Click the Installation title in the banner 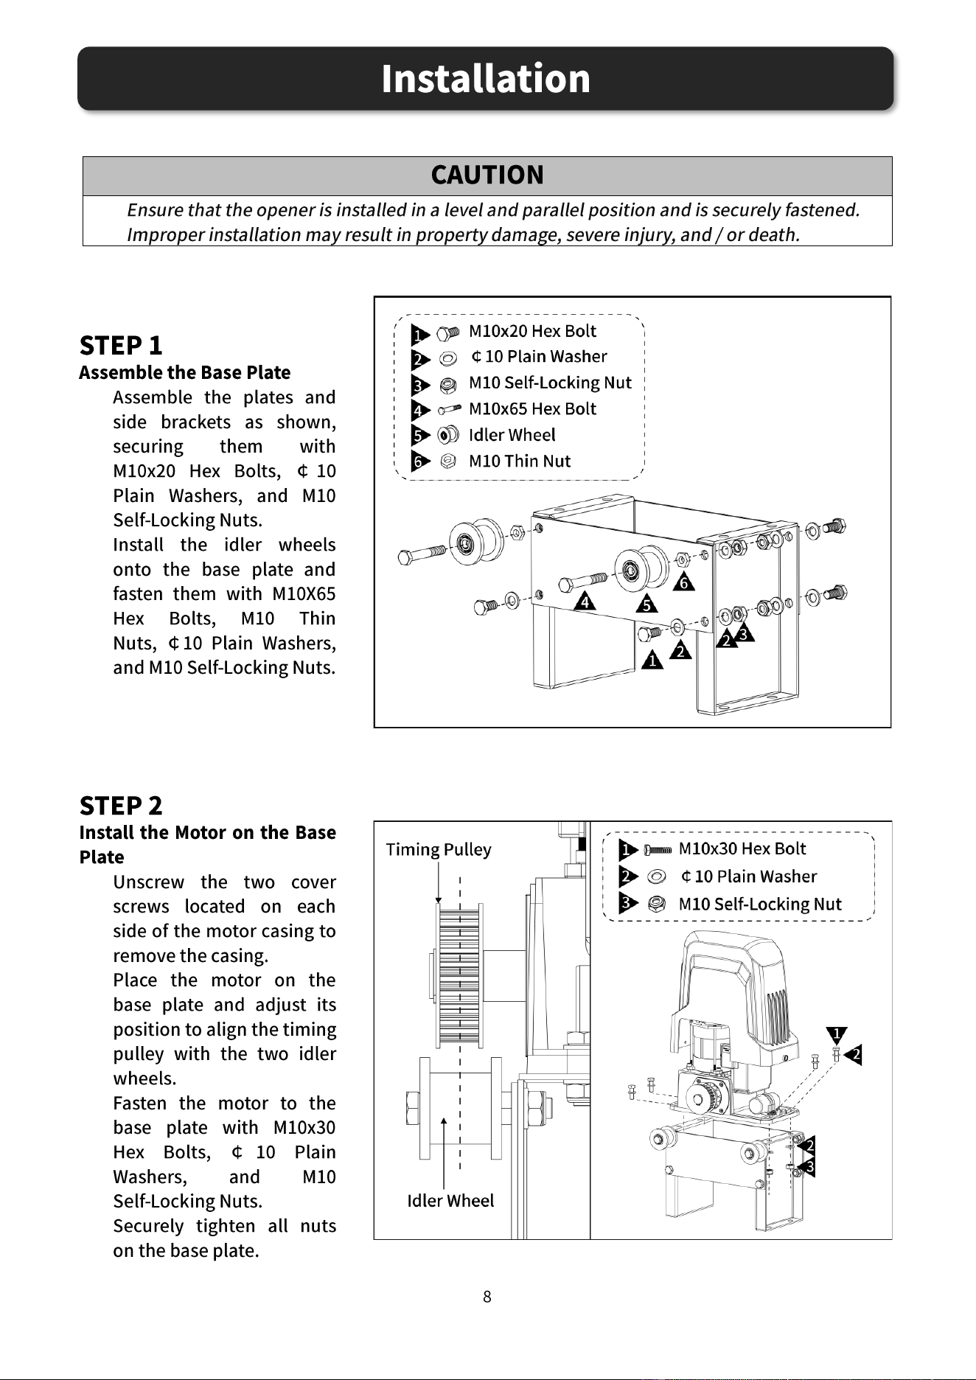pyautogui.click(x=486, y=78)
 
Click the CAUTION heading pyautogui.click(x=487, y=175)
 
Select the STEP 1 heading pyautogui.click(x=121, y=345)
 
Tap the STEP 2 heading pyautogui.click(x=121, y=805)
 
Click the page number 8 pyautogui.click(x=487, y=1297)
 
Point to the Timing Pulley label pyautogui.click(x=439, y=850)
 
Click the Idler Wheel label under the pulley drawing pyautogui.click(x=450, y=1201)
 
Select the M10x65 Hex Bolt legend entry pyautogui.click(x=532, y=408)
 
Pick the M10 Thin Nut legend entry pyautogui.click(x=520, y=461)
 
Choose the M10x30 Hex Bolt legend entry pyautogui.click(x=742, y=848)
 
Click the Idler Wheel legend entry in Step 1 pyautogui.click(x=512, y=435)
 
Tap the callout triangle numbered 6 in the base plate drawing pyautogui.click(x=684, y=582)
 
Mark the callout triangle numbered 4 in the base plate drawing pyautogui.click(x=585, y=601)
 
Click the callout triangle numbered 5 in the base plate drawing pyautogui.click(x=647, y=604)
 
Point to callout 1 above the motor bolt pyautogui.click(x=837, y=1034)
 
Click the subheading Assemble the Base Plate pyautogui.click(x=185, y=372)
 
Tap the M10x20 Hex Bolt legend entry pyautogui.click(x=532, y=331)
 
